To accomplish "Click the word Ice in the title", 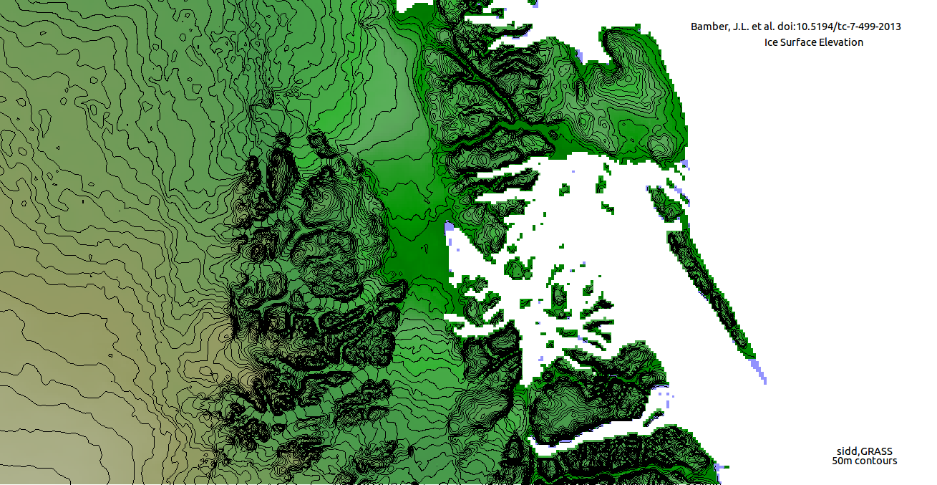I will [772, 42].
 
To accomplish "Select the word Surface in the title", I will [800, 42].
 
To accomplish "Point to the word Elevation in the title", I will [843, 42].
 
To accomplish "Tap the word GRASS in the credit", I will [877, 451].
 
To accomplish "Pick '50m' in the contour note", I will [843, 461].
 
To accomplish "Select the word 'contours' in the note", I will [878, 461].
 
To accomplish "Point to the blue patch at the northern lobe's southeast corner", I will [684, 164].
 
